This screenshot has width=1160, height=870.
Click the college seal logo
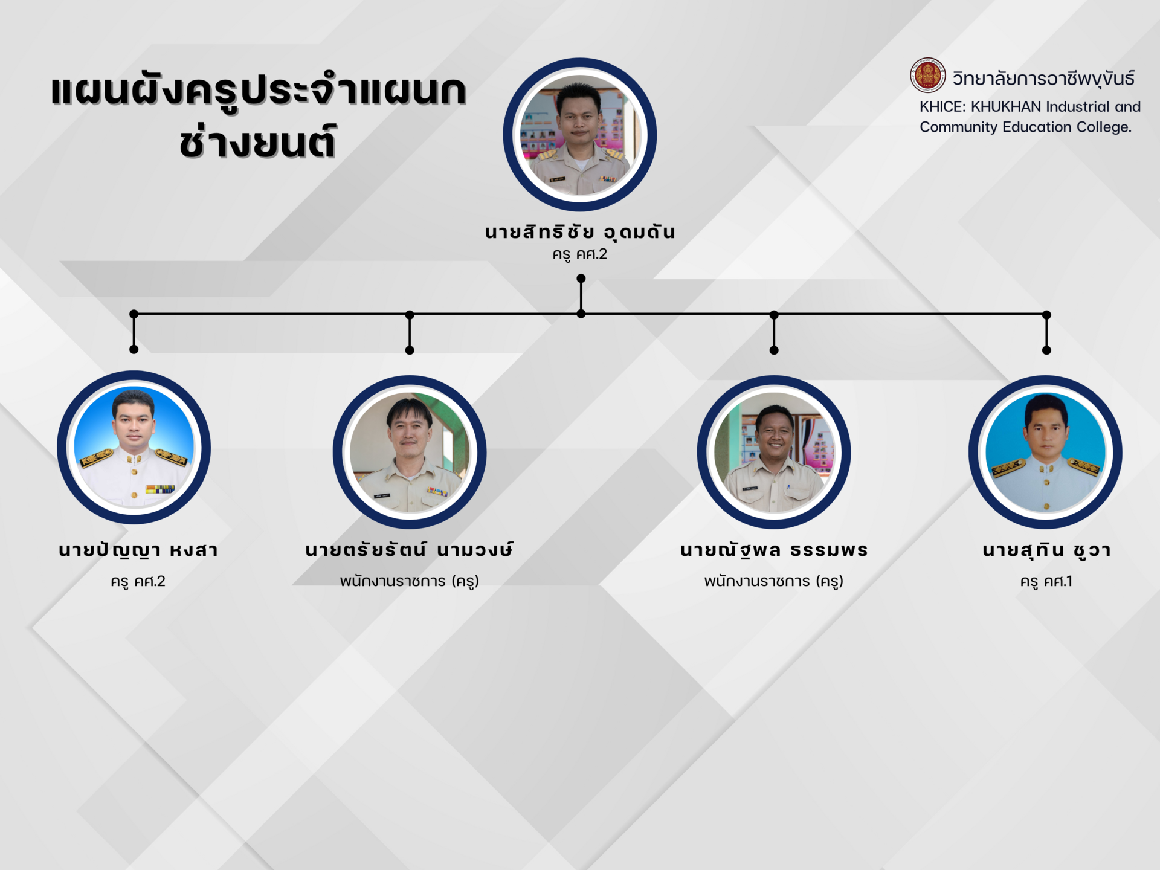(x=928, y=76)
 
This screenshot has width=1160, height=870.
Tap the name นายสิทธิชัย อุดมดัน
(x=580, y=233)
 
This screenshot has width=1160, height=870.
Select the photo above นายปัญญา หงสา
(x=134, y=447)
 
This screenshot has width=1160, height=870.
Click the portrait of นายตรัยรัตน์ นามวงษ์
(x=410, y=453)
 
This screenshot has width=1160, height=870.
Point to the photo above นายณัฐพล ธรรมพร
(x=774, y=453)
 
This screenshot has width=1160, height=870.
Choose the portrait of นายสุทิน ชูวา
(x=1046, y=453)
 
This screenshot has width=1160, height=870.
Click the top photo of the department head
(x=580, y=135)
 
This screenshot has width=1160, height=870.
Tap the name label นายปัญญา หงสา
(x=138, y=550)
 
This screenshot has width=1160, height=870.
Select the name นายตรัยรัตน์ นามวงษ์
(x=410, y=549)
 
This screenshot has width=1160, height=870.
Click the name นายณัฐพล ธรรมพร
(x=774, y=550)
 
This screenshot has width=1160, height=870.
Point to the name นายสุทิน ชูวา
(x=1046, y=550)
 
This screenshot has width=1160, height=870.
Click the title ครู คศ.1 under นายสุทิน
(x=1046, y=582)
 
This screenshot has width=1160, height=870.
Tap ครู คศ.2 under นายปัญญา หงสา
(x=138, y=582)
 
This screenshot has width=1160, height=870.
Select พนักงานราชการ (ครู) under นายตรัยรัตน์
(x=410, y=581)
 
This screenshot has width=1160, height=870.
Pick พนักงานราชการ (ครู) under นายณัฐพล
(x=774, y=581)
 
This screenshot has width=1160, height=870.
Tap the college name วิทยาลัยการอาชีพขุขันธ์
(x=1043, y=79)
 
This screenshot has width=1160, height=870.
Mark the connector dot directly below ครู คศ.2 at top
(x=581, y=279)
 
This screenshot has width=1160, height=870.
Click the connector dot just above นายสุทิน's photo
(x=1047, y=350)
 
